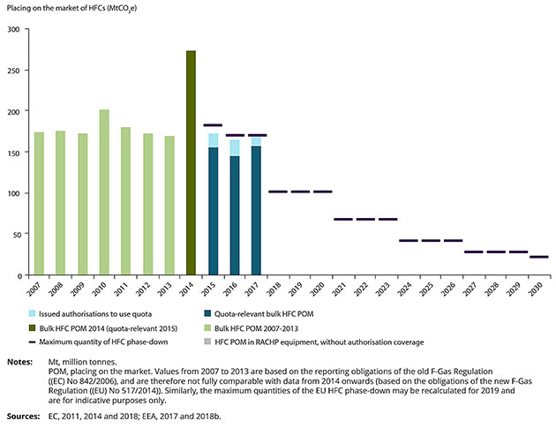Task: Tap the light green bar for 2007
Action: (39, 204)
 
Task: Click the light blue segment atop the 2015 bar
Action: (213, 140)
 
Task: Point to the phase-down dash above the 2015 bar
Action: (213, 125)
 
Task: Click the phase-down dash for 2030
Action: (538, 257)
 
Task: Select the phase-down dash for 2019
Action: (299, 191)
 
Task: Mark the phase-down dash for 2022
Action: (364, 219)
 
